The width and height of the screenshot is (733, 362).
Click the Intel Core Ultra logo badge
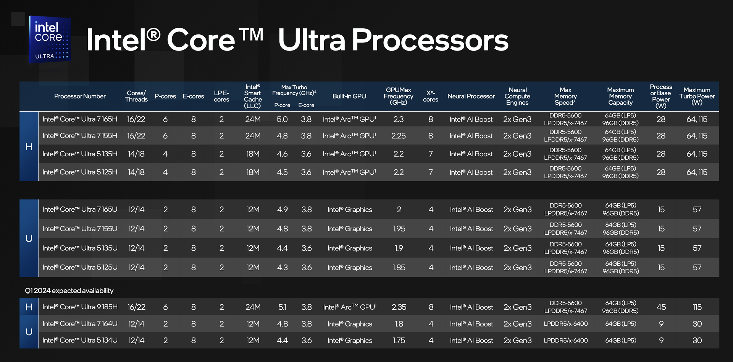tap(50, 39)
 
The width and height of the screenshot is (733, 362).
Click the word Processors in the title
tap(430, 40)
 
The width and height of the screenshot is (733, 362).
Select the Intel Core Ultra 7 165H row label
tap(80, 119)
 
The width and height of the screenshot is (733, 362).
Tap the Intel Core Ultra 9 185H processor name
tap(80, 307)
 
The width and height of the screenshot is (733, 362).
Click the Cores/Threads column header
tap(136, 96)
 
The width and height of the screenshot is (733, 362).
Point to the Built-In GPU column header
tap(349, 96)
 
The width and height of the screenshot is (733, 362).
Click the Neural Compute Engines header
tap(517, 96)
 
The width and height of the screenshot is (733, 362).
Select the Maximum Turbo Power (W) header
tap(697, 96)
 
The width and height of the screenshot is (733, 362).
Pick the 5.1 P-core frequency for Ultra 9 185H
tap(282, 307)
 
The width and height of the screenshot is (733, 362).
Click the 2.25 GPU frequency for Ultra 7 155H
tap(399, 136)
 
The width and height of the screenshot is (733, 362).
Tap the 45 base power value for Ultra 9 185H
tap(661, 307)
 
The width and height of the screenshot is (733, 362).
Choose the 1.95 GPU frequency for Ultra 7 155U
tap(399, 229)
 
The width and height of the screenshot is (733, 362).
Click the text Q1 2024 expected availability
tap(69, 291)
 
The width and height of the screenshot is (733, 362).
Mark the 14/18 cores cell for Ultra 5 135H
tap(136, 154)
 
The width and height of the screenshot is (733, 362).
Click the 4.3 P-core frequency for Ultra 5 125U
tap(283, 268)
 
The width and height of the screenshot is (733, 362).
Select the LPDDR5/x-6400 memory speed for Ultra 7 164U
tap(566, 324)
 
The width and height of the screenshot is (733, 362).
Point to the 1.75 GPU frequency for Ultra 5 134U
tap(399, 340)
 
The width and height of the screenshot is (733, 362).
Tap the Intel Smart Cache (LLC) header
tap(253, 96)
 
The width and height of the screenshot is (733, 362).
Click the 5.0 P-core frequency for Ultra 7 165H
tap(282, 119)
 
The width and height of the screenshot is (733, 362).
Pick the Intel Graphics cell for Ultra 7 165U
tap(350, 209)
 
